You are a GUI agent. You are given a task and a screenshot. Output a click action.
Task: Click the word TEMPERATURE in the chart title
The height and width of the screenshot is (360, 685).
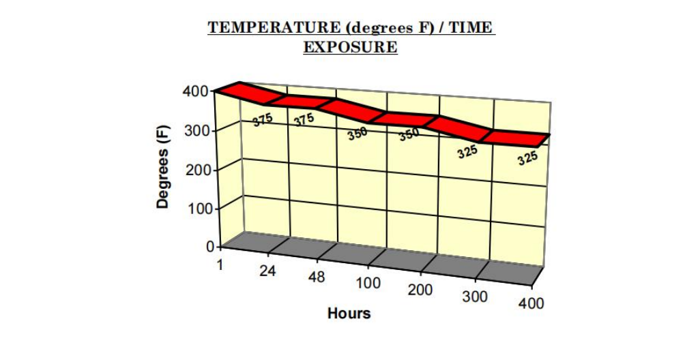pyautogui.click(x=274, y=27)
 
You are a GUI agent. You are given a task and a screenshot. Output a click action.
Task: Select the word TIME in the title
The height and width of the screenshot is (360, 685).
pyautogui.click(x=471, y=27)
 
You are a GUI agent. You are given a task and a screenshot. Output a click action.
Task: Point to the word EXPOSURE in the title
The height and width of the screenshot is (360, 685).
pyautogui.click(x=351, y=46)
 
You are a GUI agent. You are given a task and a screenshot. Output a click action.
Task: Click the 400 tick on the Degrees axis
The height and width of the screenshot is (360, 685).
pyautogui.click(x=196, y=91)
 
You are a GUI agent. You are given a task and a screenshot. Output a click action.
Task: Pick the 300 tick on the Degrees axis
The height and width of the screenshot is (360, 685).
pyautogui.click(x=197, y=130)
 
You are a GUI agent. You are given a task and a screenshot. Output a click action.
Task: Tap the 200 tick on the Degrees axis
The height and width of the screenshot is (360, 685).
pyautogui.click(x=198, y=170)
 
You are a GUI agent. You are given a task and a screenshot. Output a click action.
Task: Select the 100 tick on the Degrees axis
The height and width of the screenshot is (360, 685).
pyautogui.click(x=199, y=209)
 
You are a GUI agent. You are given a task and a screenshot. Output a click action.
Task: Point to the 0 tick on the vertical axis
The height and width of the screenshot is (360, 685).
pyautogui.click(x=211, y=247)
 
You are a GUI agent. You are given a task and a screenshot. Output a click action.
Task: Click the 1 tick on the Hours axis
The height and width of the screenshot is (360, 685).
pyautogui.click(x=220, y=265)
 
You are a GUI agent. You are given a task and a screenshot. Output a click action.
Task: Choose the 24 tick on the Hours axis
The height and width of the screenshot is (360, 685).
pyautogui.click(x=268, y=271)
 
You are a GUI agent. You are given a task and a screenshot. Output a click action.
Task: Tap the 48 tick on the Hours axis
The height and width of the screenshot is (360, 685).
pyautogui.click(x=317, y=277)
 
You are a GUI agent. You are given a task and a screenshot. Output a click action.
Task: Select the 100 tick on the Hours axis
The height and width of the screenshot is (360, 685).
pyautogui.click(x=368, y=283)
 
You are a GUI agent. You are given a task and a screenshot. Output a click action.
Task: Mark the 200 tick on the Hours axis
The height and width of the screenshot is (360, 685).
pyautogui.click(x=420, y=289)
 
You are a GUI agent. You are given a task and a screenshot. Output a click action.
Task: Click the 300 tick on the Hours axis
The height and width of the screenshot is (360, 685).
pyautogui.click(x=475, y=297)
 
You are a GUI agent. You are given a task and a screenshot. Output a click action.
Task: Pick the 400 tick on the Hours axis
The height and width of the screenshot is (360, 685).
pyautogui.click(x=531, y=303)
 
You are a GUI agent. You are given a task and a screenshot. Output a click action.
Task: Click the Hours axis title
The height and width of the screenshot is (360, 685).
pyautogui.click(x=349, y=313)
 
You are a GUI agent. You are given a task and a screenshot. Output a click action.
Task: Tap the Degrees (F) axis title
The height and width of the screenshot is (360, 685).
pyautogui.click(x=162, y=166)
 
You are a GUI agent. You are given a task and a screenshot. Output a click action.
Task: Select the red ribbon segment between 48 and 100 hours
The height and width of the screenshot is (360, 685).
pyautogui.click(x=353, y=110)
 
